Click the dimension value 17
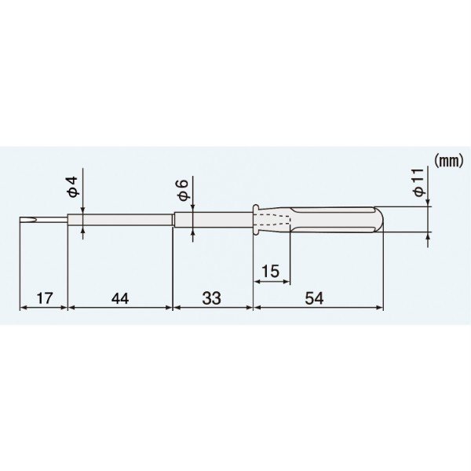(x=45, y=298)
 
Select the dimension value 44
(x=120, y=298)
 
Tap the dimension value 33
(x=211, y=298)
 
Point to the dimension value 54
(x=315, y=298)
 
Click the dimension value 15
(x=271, y=271)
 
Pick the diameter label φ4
(x=73, y=187)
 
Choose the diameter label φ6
(x=183, y=189)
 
